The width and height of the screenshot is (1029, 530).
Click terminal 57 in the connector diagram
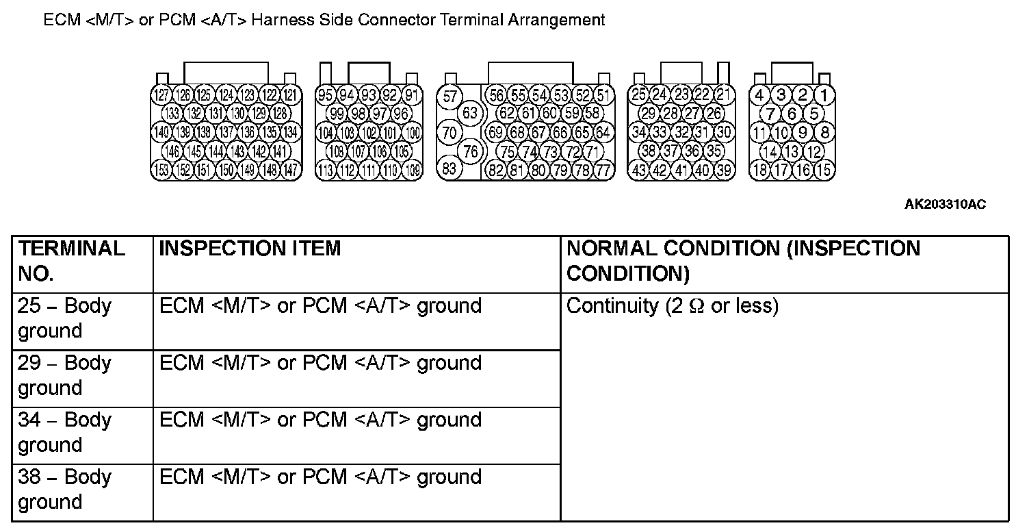pos(450,96)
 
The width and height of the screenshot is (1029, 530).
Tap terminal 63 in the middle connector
pos(470,113)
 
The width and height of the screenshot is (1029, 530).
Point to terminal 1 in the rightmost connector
pos(824,95)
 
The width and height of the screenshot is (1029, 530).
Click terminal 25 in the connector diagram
pos(639,95)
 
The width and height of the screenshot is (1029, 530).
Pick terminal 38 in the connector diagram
pos(649,151)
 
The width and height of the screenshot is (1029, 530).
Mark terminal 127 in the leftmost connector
pos(161,95)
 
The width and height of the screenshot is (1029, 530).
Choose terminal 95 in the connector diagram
pos(326,95)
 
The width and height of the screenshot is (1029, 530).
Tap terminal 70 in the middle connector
pos(450,132)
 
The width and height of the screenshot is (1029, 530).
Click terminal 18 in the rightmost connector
pos(759,170)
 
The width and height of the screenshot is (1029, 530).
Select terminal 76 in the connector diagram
pos(470,151)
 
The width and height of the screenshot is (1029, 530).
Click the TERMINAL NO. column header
pos(71,261)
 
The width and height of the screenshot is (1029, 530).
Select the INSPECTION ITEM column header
pos(250,249)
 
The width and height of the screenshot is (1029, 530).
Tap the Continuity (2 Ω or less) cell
pos(673,306)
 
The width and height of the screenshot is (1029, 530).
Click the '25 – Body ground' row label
pos(65,318)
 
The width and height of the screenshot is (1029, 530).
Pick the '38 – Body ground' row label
pos(65,490)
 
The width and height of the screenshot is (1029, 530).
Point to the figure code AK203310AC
pos(945,205)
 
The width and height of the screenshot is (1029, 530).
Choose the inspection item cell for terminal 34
pos(320,420)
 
